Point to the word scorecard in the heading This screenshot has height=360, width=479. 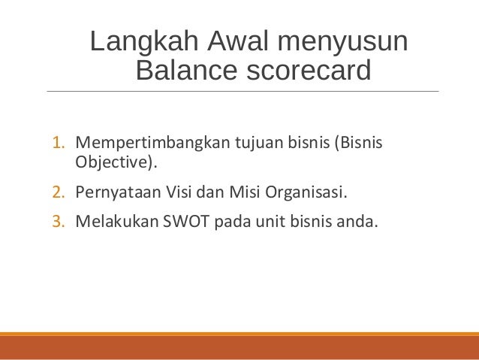coord(306,71)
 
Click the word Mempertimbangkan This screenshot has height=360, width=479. coord(140,143)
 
